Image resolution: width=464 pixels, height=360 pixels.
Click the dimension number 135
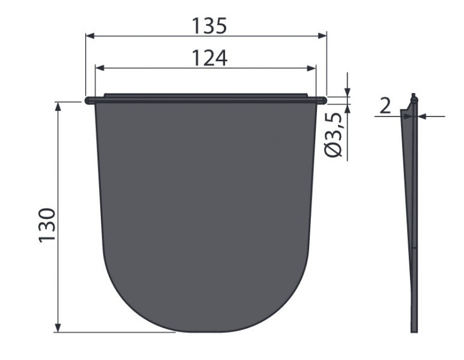tap(209, 26)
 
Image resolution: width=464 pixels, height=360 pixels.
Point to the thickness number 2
tap(385, 106)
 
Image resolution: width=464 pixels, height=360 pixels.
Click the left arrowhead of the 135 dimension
tap(89, 36)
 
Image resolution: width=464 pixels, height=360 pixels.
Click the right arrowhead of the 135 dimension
tap(322, 36)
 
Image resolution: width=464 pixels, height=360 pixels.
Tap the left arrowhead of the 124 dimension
tap(100, 68)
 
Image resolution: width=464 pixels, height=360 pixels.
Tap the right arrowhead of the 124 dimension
tap(312, 68)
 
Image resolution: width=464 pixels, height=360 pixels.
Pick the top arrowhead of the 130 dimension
tap(58, 106)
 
